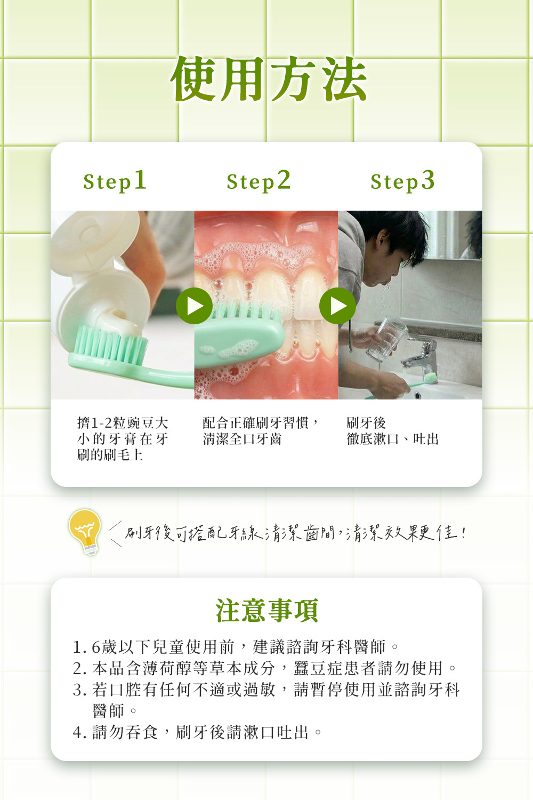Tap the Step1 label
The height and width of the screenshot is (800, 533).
[x=115, y=181]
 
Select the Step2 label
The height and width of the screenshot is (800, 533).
[x=259, y=181]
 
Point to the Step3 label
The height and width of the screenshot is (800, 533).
[x=402, y=181]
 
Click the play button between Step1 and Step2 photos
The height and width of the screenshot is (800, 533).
[x=194, y=306]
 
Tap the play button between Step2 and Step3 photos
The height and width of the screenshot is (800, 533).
[x=337, y=306]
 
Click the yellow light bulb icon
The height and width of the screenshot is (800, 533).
[x=85, y=532]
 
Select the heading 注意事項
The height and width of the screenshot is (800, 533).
[x=266, y=610]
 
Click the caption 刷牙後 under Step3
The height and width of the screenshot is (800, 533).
[x=366, y=423]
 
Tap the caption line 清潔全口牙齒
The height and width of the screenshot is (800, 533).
[x=242, y=439]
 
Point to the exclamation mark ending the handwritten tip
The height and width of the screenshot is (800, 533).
[x=463, y=533]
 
